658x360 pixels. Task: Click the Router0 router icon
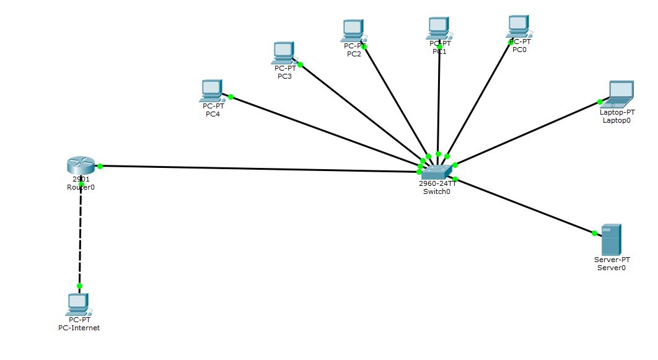81,165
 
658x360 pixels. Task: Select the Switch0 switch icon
436,170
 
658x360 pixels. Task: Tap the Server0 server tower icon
612,239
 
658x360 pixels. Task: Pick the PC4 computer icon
211,90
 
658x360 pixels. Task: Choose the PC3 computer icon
283,53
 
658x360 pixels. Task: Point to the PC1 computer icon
438,28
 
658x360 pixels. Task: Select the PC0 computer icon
519,27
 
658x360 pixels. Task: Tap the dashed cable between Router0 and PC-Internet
80,235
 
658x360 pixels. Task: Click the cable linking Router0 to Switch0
260,167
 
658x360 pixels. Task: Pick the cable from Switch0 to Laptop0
527,134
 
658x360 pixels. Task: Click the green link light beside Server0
594,233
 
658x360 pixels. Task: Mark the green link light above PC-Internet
79,286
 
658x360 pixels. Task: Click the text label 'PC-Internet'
75,328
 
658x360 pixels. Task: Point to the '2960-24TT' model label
437,183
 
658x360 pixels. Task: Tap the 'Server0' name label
612,268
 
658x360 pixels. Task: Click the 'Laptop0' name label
616,120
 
